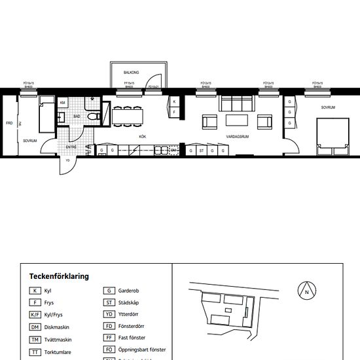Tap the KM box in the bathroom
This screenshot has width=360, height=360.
[x=63, y=103]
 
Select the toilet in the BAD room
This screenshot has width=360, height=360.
[x=94, y=117]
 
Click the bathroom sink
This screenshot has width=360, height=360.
[x=61, y=117]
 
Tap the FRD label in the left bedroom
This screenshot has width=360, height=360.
[x=9, y=123]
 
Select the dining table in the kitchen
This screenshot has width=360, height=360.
[x=128, y=116]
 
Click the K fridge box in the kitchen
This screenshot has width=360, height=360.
[x=174, y=102]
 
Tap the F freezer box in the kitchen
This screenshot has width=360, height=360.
[x=174, y=113]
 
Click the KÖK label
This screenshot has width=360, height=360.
[x=142, y=137]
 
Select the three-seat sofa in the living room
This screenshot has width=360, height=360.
[x=235, y=103]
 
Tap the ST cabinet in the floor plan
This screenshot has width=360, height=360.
[x=202, y=151]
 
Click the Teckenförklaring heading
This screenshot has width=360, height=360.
[x=59, y=276]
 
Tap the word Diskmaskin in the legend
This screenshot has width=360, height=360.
[x=58, y=327]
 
